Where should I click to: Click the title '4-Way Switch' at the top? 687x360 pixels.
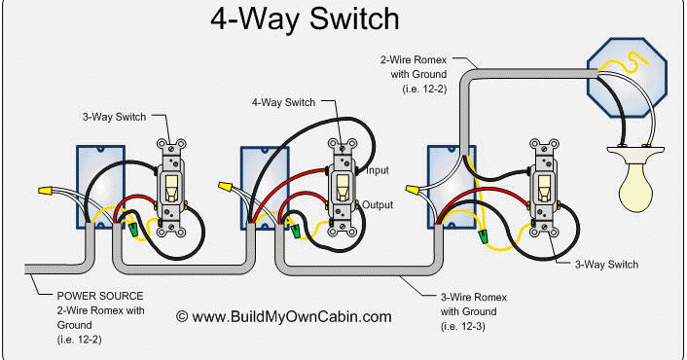[305, 18]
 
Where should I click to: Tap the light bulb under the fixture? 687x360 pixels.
[635, 188]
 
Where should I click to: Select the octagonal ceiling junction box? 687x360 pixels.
[627, 77]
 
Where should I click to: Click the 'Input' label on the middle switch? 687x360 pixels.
[378, 170]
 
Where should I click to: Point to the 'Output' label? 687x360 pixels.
[378, 204]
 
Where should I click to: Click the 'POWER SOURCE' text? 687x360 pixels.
[100, 296]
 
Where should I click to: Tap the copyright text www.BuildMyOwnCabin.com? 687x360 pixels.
[284, 316]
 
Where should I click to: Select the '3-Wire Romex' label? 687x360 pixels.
[474, 297]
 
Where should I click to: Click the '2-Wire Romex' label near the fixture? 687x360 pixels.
[414, 59]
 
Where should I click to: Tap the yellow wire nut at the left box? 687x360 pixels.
[45, 191]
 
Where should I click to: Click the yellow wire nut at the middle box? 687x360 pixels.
[225, 186]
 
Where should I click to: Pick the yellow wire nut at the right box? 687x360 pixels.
[413, 190]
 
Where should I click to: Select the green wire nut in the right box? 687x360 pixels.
[484, 237]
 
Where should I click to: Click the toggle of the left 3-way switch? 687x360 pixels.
[171, 188]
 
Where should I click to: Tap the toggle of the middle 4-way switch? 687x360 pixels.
[343, 188]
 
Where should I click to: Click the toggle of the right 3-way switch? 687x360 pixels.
[544, 188]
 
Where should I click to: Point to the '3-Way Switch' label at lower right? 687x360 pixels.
[606, 265]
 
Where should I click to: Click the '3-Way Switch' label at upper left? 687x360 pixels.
[114, 117]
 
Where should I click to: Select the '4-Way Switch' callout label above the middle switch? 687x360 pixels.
[283, 102]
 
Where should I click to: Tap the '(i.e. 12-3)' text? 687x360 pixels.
[462, 326]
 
